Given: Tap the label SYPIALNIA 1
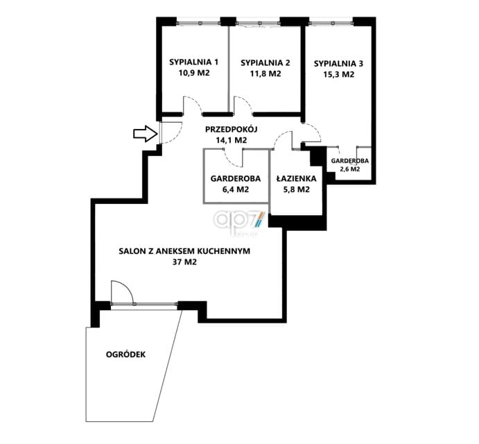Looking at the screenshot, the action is point(194,62).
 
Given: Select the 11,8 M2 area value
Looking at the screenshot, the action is point(265,74).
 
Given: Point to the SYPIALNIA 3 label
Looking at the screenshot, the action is point(339,64).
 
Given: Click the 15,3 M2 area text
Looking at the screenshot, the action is point(339,74).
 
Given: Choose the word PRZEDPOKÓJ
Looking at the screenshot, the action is point(232,129).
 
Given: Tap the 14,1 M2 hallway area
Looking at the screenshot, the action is point(232,140).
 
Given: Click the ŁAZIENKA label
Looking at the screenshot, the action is point(296,178).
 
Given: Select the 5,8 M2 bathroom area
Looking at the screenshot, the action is point(296,189).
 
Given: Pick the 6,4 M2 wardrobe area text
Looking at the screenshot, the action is point(236,189).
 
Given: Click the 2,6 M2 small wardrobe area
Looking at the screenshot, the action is point(350,169).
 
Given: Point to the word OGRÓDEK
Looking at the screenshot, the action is point(126,355).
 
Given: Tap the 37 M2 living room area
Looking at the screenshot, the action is point(184,262).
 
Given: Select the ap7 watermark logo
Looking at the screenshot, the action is point(240,221).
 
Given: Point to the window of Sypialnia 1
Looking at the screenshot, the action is point(199,23).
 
